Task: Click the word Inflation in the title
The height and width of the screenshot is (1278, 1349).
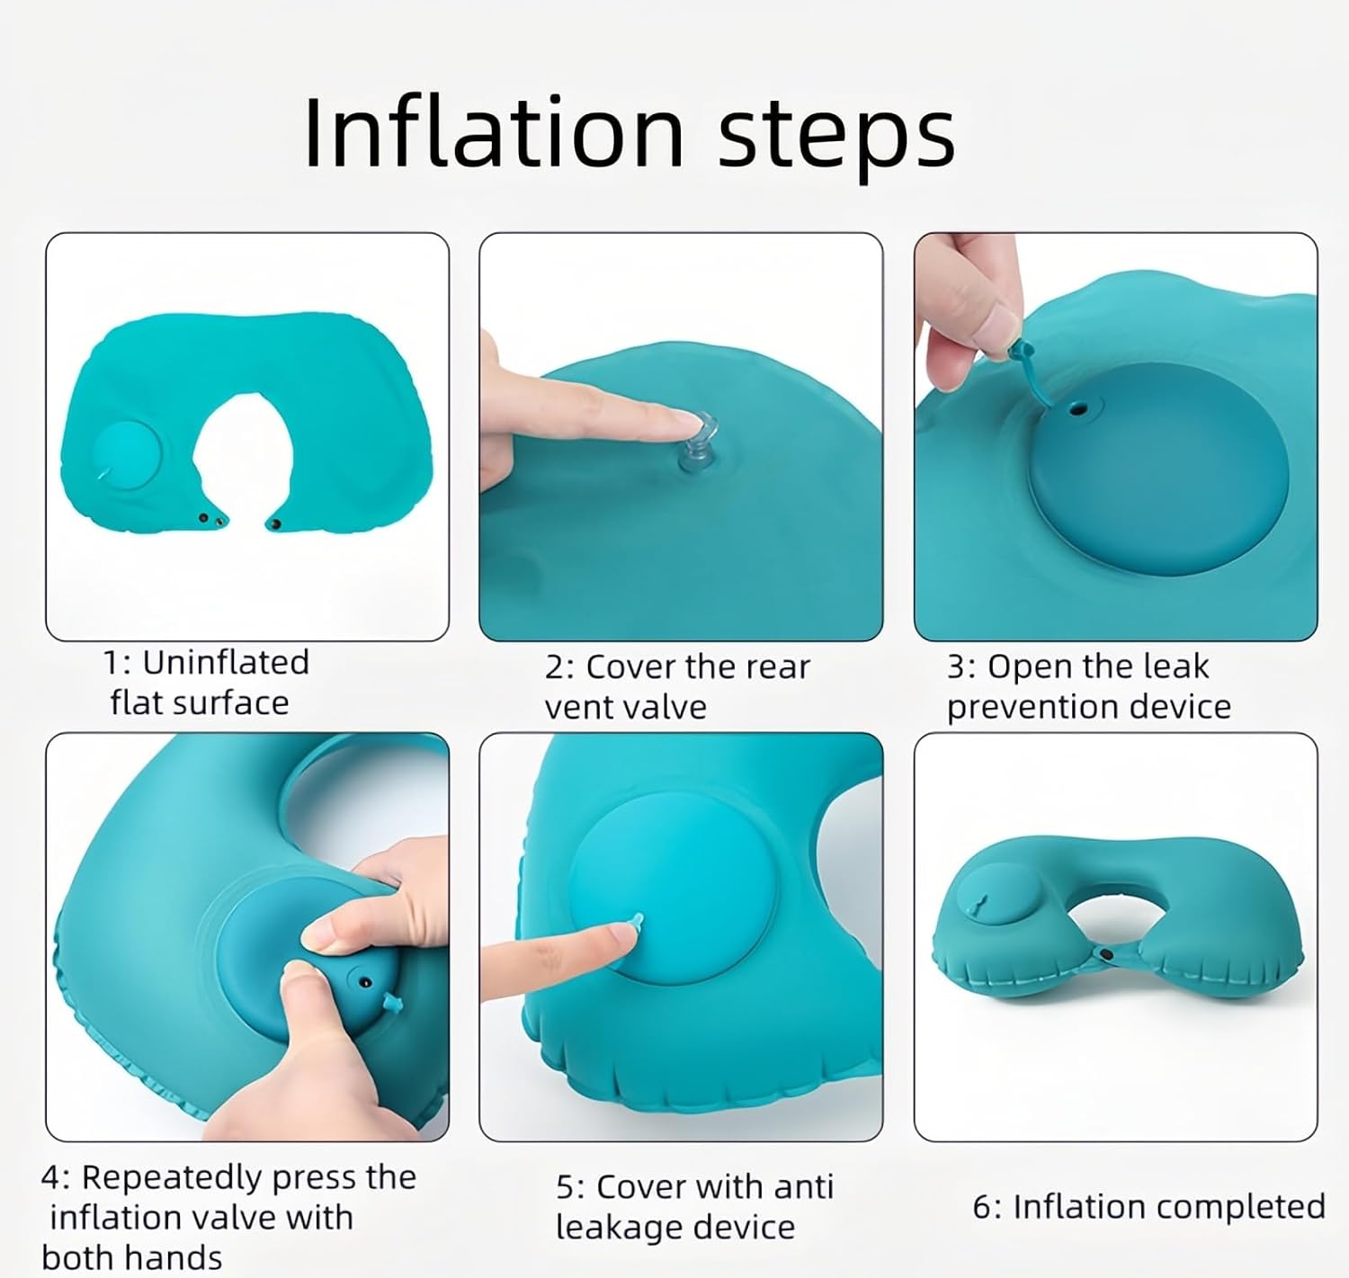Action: [x=494, y=132]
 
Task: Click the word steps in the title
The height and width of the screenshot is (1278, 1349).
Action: [x=836, y=140]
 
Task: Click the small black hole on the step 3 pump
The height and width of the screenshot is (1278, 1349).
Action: [x=1079, y=410]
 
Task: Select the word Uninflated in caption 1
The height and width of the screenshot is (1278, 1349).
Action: [x=226, y=663]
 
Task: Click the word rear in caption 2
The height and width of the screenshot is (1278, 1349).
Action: [x=777, y=667]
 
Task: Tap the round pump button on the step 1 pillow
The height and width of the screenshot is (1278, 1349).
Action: [x=126, y=454]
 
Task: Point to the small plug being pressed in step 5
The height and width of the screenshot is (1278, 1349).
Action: [x=636, y=920]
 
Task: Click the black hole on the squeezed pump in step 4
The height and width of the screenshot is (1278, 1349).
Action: [x=366, y=982]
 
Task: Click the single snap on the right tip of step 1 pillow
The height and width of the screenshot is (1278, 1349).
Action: [x=276, y=525]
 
